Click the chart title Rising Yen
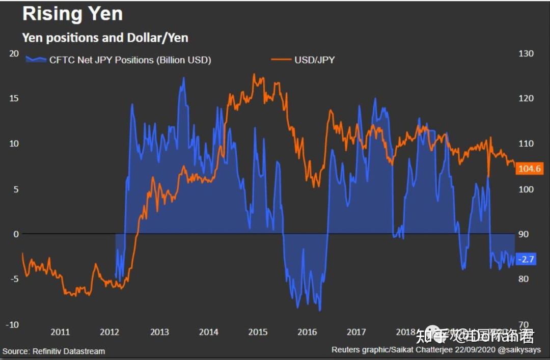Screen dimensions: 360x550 (x=72, y=14)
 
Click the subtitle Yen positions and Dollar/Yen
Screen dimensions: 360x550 (x=105, y=38)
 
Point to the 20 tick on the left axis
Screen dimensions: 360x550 (x=14, y=53)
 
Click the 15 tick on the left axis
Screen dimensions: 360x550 (x=14, y=98)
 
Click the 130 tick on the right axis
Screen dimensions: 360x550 (x=526, y=53)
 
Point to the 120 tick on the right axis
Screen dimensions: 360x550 (x=526, y=98)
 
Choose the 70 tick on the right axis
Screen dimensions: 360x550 (x=524, y=325)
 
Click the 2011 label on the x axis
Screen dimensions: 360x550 (x=60, y=333)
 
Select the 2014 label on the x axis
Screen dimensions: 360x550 (x=208, y=333)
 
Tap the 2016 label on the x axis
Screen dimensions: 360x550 (x=307, y=333)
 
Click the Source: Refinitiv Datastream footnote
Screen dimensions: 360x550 (x=54, y=351)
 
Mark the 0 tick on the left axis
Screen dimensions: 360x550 (x=16, y=234)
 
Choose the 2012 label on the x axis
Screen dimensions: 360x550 (x=109, y=333)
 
